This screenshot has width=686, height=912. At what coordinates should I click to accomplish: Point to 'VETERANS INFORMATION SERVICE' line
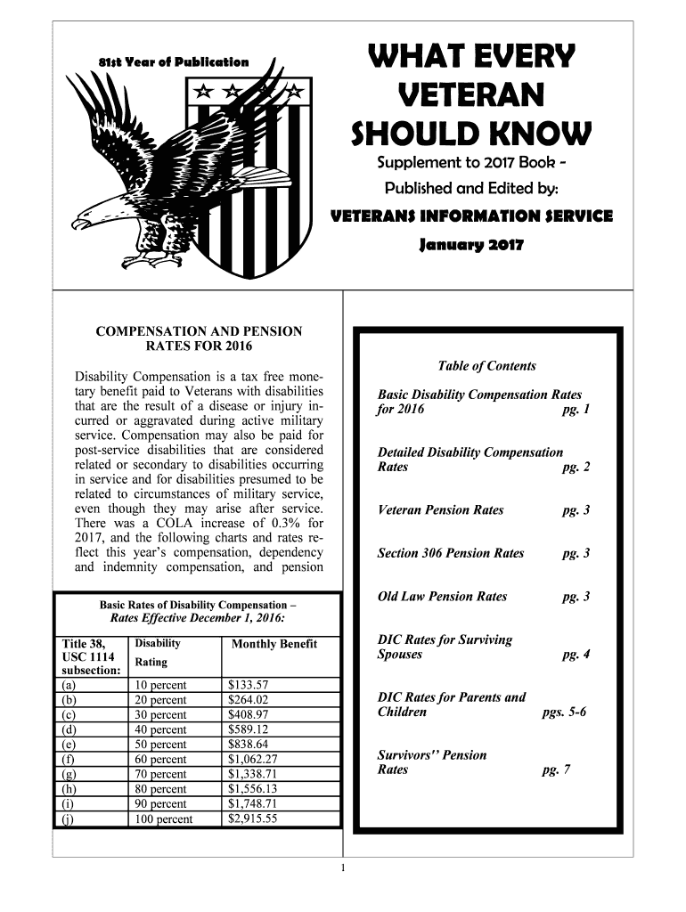pos(471,216)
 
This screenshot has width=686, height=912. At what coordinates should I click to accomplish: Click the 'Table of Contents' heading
pos(487,366)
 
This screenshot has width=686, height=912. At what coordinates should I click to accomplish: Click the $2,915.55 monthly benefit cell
pos(253,818)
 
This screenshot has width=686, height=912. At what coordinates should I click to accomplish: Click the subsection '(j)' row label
pos(69,819)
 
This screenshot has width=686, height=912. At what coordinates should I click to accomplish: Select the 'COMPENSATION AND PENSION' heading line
pos(199,331)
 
